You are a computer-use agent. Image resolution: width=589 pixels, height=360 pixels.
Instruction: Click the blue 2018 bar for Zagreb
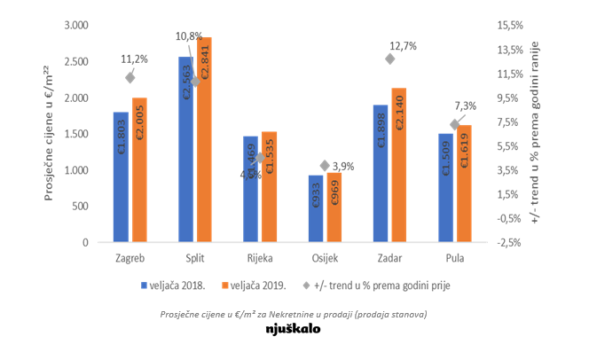click(x=121, y=177)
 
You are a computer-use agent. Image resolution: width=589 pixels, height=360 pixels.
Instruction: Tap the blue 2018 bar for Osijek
click(x=316, y=208)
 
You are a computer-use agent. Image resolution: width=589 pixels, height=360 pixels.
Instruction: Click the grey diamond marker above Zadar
click(x=390, y=59)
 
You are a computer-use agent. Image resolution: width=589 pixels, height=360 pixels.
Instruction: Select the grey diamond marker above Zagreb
click(x=130, y=77)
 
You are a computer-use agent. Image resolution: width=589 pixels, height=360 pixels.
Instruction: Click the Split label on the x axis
click(x=195, y=259)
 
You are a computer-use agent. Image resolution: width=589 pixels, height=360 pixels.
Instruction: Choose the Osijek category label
click(x=326, y=259)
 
